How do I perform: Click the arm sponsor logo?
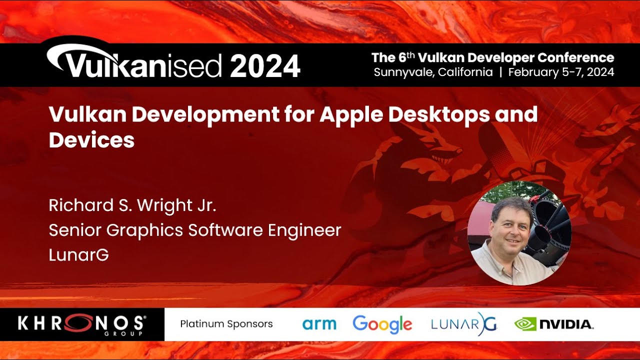coord(319,324)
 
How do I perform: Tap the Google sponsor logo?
coord(382,324)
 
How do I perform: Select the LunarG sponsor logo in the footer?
coord(463,324)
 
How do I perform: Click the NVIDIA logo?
coord(554,324)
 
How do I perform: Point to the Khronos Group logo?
coord(82,324)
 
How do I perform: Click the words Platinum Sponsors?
coord(226,324)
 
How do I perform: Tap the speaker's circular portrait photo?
coord(519,233)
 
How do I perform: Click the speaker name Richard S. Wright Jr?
coord(132,205)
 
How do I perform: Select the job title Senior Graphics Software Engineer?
coord(195,230)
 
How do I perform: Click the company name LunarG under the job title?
coord(78,255)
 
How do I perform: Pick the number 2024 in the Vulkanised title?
coord(265,66)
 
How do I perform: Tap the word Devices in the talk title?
coord(91,140)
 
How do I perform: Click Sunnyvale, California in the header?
coord(433,72)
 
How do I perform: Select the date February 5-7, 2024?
coord(561,72)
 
